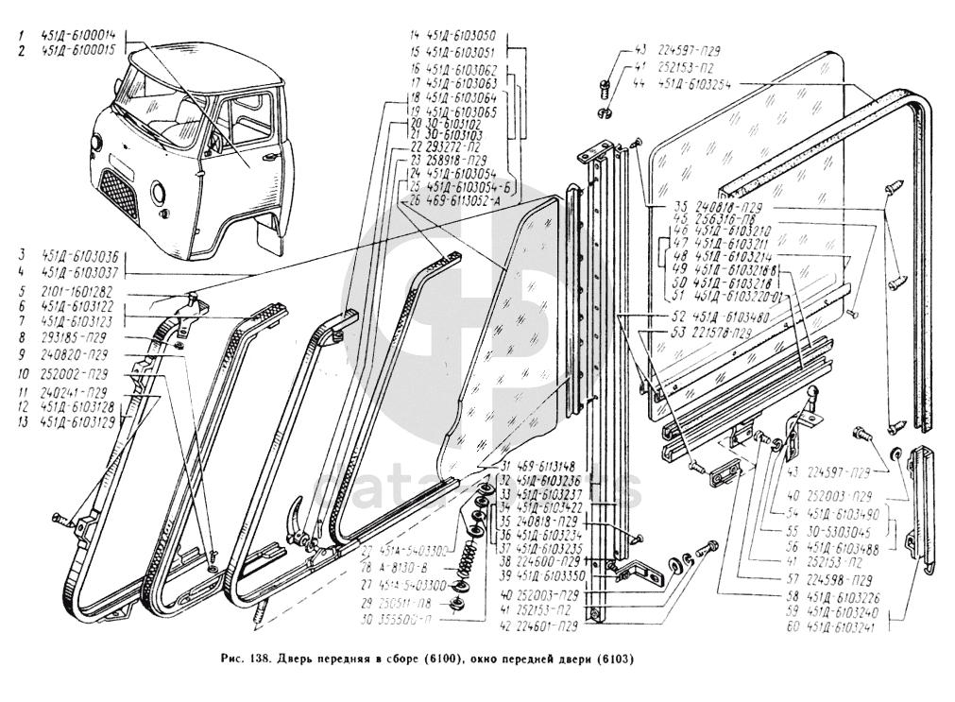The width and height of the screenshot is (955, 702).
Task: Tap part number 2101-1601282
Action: click(x=78, y=293)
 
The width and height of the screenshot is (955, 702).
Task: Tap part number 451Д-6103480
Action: click(x=735, y=317)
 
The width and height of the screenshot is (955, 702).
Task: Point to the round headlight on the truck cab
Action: click(x=157, y=196)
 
